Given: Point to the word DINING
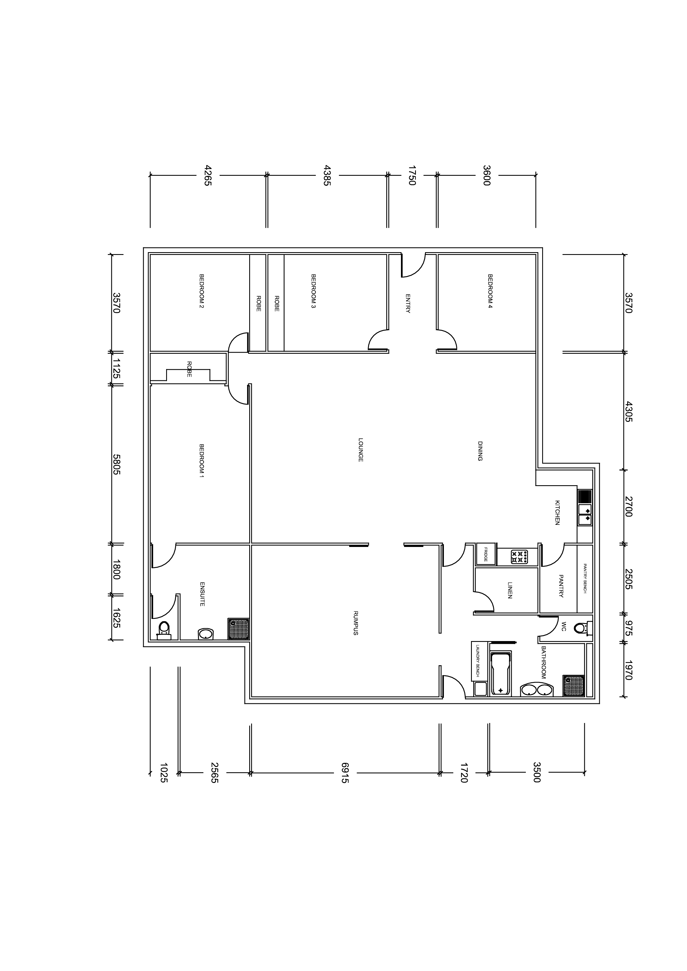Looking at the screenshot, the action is (x=480, y=451).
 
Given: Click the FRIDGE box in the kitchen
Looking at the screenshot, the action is (x=486, y=554).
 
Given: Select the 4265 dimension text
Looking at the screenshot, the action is (x=207, y=175).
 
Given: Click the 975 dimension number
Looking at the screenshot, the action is (x=628, y=628).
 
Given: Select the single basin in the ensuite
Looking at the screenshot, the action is (x=205, y=634).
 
